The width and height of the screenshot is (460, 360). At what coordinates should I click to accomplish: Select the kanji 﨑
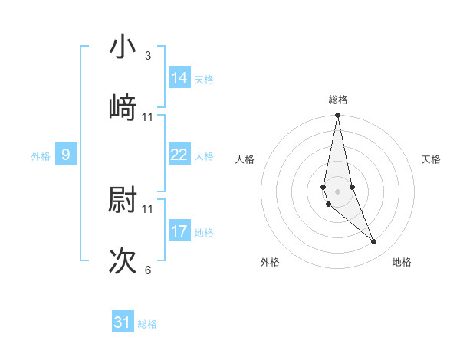click(123, 107)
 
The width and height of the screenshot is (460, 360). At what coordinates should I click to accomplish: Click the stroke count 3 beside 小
click(148, 56)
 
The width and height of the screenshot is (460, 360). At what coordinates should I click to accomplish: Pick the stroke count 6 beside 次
click(148, 270)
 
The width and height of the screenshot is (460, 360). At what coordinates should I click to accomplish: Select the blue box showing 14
click(179, 77)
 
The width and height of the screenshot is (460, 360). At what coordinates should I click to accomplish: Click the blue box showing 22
click(179, 155)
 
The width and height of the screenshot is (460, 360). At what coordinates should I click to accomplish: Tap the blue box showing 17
click(179, 231)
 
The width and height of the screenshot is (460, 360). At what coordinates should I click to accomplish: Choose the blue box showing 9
click(66, 155)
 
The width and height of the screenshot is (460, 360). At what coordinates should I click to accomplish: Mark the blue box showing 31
click(123, 322)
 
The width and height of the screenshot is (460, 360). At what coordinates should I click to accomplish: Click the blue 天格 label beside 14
click(204, 80)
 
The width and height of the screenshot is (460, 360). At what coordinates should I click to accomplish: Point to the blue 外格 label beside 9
click(41, 156)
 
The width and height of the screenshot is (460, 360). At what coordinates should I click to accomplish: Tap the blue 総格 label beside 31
click(147, 324)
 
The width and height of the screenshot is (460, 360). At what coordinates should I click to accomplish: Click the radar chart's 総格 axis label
click(338, 100)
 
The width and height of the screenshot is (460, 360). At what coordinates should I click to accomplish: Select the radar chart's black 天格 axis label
click(432, 159)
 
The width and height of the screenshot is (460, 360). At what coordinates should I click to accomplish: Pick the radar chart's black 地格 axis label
click(402, 263)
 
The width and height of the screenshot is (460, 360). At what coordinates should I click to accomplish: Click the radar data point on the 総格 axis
click(337, 116)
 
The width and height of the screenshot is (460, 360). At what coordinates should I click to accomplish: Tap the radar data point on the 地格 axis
click(374, 242)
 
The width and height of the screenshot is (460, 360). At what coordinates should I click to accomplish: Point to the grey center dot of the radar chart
click(337, 191)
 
